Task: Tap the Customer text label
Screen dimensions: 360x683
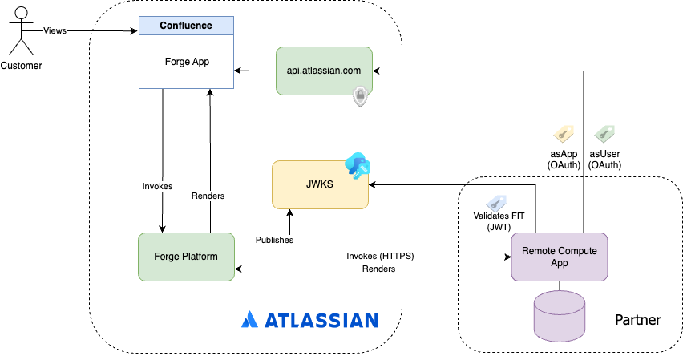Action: click(x=22, y=65)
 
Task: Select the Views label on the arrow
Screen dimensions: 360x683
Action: click(x=55, y=31)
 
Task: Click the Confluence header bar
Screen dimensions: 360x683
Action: click(x=186, y=26)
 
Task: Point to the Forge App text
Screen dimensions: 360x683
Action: click(x=186, y=61)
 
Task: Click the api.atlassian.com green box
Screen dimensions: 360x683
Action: click(x=323, y=71)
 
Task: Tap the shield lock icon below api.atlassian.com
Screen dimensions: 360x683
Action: click(x=360, y=97)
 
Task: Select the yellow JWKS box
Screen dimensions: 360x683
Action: click(x=320, y=185)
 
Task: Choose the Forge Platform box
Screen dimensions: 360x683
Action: click(x=186, y=257)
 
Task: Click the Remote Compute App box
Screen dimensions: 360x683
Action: click(x=559, y=257)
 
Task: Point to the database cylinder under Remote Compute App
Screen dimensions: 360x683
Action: click(x=559, y=314)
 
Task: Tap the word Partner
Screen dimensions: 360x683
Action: click(x=637, y=320)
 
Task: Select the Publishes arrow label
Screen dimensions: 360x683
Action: click(x=274, y=240)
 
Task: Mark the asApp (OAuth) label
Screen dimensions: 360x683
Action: click(x=564, y=159)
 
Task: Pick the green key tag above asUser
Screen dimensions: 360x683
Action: click(x=604, y=134)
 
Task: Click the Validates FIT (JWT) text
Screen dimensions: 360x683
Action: click(x=493, y=221)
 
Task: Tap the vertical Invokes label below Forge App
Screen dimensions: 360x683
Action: click(x=157, y=186)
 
